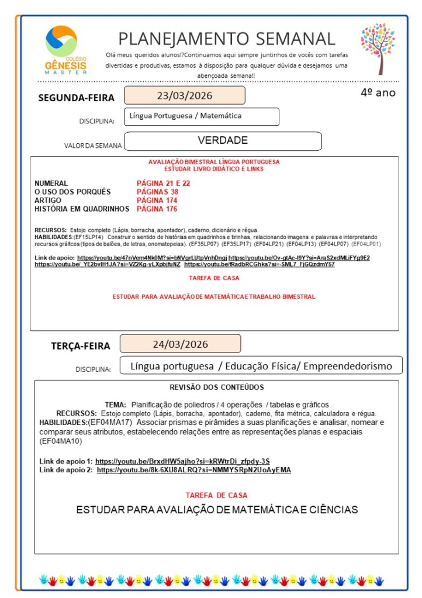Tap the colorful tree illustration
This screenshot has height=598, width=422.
click(378, 49)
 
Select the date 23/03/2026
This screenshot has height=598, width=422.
click(184, 95)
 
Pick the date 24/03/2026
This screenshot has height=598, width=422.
click(180, 344)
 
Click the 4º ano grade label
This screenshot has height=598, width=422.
click(378, 92)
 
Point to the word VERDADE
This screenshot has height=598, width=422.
click(223, 140)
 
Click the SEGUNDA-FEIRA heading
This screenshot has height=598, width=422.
click(76, 98)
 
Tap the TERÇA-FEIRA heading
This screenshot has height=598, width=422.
click(80, 345)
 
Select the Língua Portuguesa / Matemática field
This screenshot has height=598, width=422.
click(185, 116)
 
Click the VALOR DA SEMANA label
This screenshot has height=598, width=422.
click(93, 146)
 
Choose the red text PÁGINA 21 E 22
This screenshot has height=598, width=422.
click(163, 183)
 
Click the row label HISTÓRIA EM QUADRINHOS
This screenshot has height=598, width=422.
click(81, 209)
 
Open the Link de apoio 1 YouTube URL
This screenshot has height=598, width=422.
click(182, 461)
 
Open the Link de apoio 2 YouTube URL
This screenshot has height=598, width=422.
click(193, 469)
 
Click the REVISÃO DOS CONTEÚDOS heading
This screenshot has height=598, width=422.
click(216, 387)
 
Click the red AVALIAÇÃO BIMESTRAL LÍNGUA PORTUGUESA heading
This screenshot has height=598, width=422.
click(214, 161)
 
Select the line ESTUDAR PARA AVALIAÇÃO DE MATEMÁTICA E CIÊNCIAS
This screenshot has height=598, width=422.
click(217, 509)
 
